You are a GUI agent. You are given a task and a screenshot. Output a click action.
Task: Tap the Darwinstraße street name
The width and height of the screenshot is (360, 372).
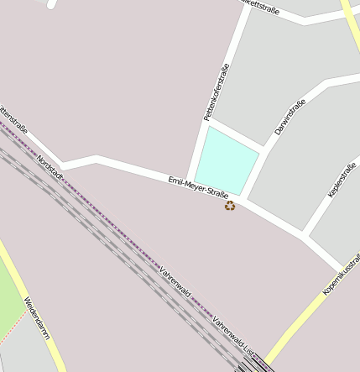[290, 117]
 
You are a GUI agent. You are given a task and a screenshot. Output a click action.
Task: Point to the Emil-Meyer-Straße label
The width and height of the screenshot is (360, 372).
[198, 188]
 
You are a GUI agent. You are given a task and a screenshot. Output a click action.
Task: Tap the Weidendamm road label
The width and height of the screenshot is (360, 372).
[37, 318]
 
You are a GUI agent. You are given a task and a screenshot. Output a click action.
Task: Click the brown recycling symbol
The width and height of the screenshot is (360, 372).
[230, 205]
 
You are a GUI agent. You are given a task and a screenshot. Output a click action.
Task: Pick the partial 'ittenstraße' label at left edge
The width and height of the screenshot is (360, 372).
[13, 120]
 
